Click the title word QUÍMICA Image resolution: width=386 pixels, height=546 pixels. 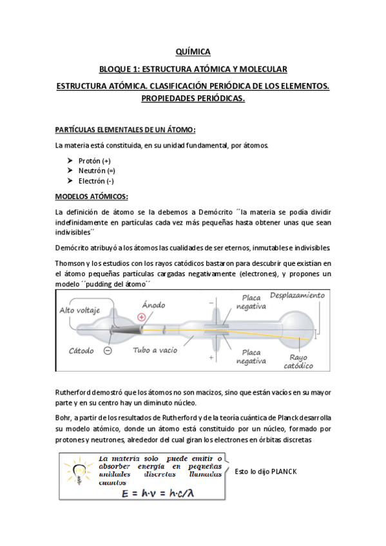tap(193, 52)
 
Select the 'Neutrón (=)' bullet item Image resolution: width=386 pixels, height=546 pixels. tap(96, 171)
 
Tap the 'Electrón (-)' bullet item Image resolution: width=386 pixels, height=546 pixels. tap(95, 181)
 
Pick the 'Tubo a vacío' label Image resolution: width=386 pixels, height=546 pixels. tap(155, 351)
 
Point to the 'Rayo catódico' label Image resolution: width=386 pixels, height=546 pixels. tap(298, 362)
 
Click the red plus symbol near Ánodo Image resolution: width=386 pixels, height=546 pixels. tap(141, 316)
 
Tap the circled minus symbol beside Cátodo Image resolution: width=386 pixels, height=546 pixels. tap(107, 350)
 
